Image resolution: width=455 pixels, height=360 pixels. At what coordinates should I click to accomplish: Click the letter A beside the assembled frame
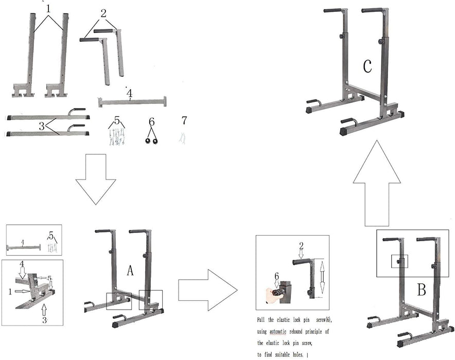tap(130, 270)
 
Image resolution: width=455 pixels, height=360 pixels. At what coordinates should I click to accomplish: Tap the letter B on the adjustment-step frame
tap(421, 290)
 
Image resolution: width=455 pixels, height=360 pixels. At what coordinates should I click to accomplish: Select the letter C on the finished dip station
tap(367, 66)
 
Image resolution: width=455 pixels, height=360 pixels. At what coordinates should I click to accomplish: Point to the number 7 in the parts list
tap(184, 121)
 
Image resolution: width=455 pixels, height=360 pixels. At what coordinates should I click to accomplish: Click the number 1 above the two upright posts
tap(48, 8)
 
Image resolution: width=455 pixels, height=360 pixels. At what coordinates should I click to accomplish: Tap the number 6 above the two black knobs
tap(151, 121)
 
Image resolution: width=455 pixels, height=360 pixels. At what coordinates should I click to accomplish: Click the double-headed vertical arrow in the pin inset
tap(322, 276)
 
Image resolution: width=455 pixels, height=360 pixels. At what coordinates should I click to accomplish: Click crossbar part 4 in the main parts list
tap(131, 101)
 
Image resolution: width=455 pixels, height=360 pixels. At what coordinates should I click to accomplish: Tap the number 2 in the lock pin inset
tap(302, 245)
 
